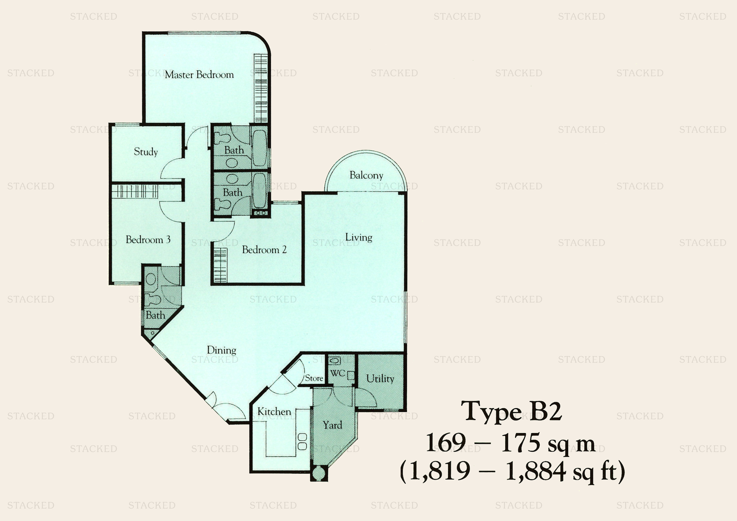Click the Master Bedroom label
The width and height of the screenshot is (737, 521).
(199, 75)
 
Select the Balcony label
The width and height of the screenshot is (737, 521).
(366, 175)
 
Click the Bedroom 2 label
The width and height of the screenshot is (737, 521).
(264, 250)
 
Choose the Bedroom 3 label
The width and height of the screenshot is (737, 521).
(148, 239)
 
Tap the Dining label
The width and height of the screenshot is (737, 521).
(221, 350)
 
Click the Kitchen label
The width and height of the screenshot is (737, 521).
(274, 412)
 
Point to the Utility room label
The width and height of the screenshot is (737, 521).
(380, 379)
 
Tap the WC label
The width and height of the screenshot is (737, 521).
(337, 373)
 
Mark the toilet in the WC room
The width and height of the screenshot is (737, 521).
(335, 361)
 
